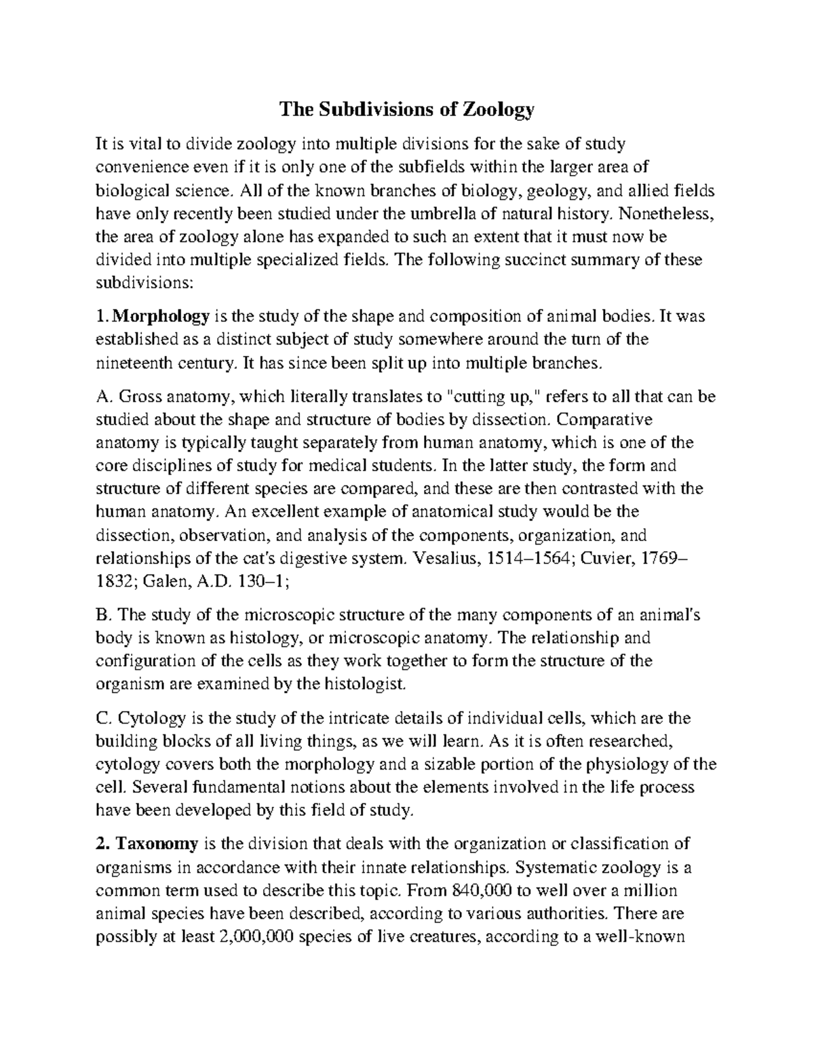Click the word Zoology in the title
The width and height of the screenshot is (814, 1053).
pos(499,108)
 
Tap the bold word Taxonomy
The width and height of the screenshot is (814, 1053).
pos(157,843)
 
